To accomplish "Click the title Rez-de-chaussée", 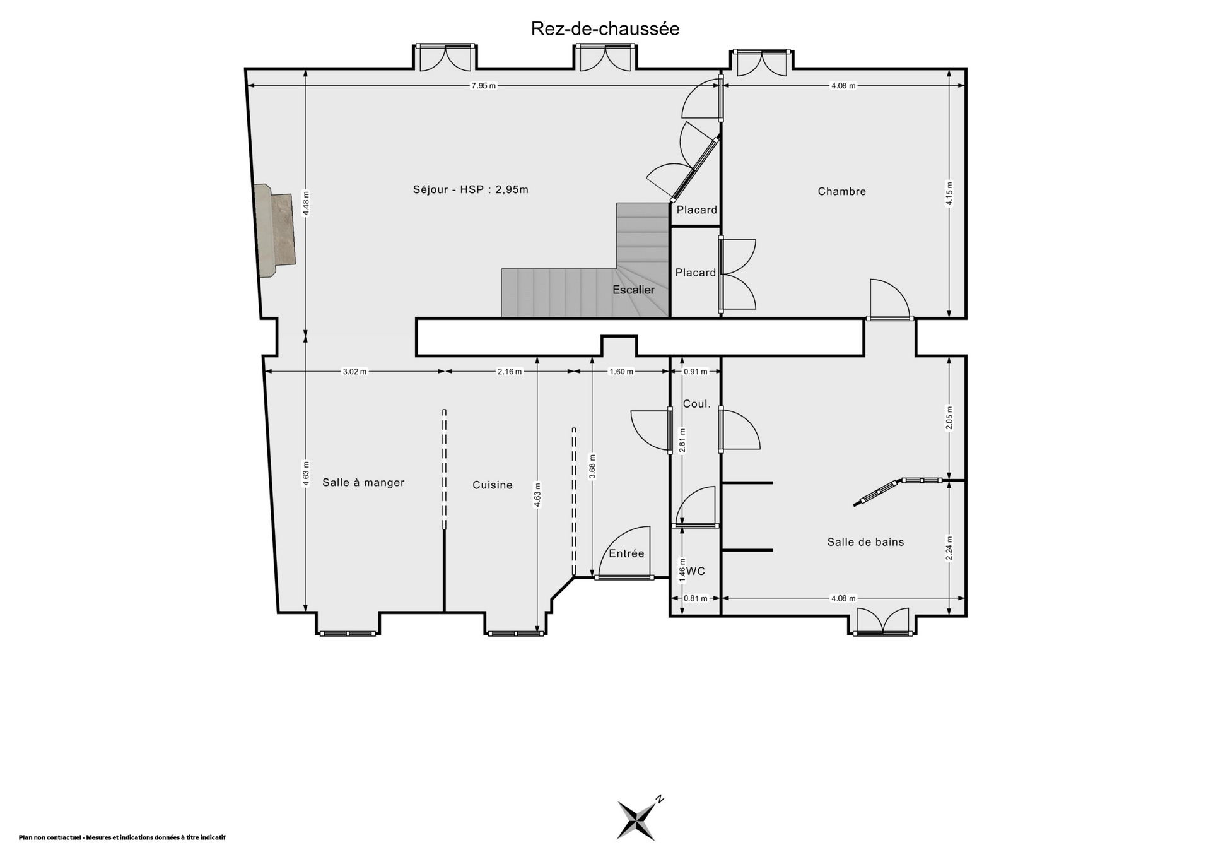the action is [605, 29].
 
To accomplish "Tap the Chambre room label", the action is [841, 191].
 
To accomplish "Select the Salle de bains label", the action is [865, 541].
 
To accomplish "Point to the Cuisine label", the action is [493, 485].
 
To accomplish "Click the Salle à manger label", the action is [363, 482].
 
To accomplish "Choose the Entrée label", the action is [626, 553].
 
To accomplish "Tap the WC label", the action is [696, 571].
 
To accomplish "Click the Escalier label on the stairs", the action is [634, 290].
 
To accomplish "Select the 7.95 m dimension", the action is [484, 86].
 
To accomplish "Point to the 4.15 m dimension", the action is [949, 193].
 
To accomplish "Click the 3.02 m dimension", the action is [354, 372].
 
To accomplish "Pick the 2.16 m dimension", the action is [510, 372].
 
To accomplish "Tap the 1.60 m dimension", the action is [621, 372].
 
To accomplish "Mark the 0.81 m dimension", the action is [696, 598].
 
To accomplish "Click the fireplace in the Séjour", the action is [275, 230].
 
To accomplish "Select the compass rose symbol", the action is [638, 819].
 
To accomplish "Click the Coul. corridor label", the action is [697, 404].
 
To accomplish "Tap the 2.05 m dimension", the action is [949, 418].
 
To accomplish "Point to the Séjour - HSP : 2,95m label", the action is [471, 189].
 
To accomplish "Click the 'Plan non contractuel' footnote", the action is [122, 837].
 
